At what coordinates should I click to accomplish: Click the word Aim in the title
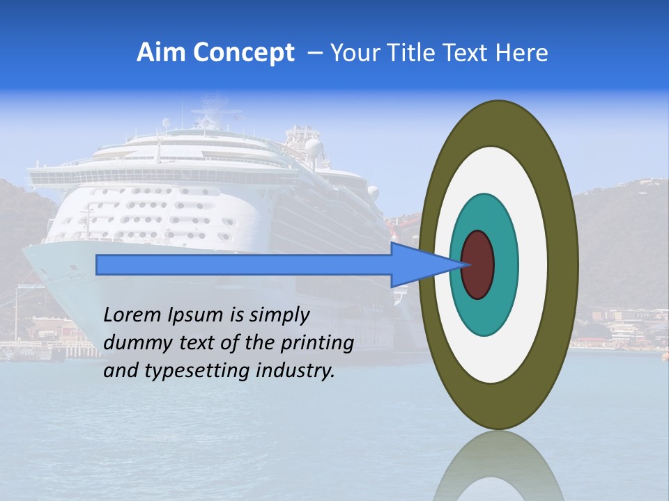click(x=161, y=53)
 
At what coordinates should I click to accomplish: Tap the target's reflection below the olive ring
click(x=498, y=466)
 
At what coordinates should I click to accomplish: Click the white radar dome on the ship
click(x=314, y=148)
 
